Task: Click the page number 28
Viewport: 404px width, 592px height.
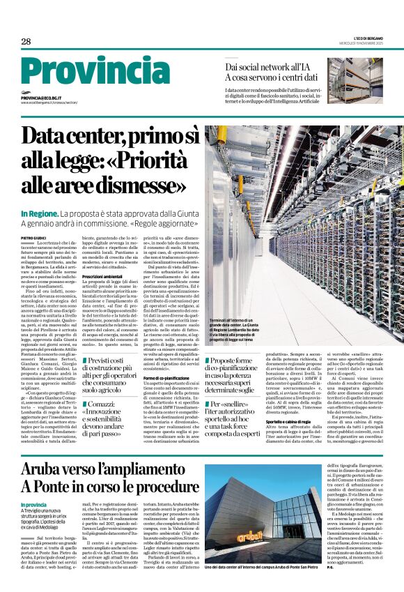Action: (26, 41)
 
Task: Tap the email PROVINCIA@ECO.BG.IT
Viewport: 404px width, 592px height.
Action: (41, 98)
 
